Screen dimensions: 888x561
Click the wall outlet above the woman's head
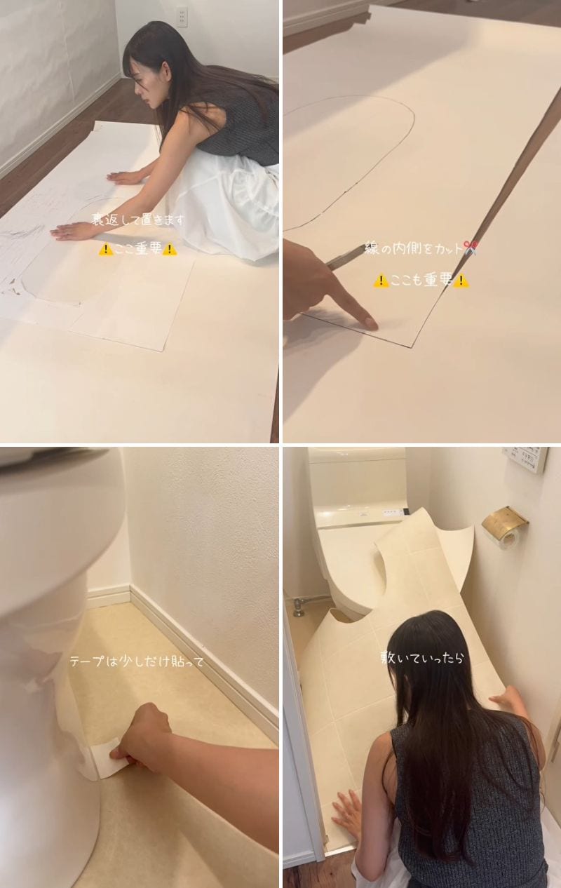point(182,15)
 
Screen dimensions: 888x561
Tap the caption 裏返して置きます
point(140,220)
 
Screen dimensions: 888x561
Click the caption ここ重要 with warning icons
point(138,248)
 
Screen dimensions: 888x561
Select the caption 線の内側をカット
point(414,248)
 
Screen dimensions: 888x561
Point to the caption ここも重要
point(421,280)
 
